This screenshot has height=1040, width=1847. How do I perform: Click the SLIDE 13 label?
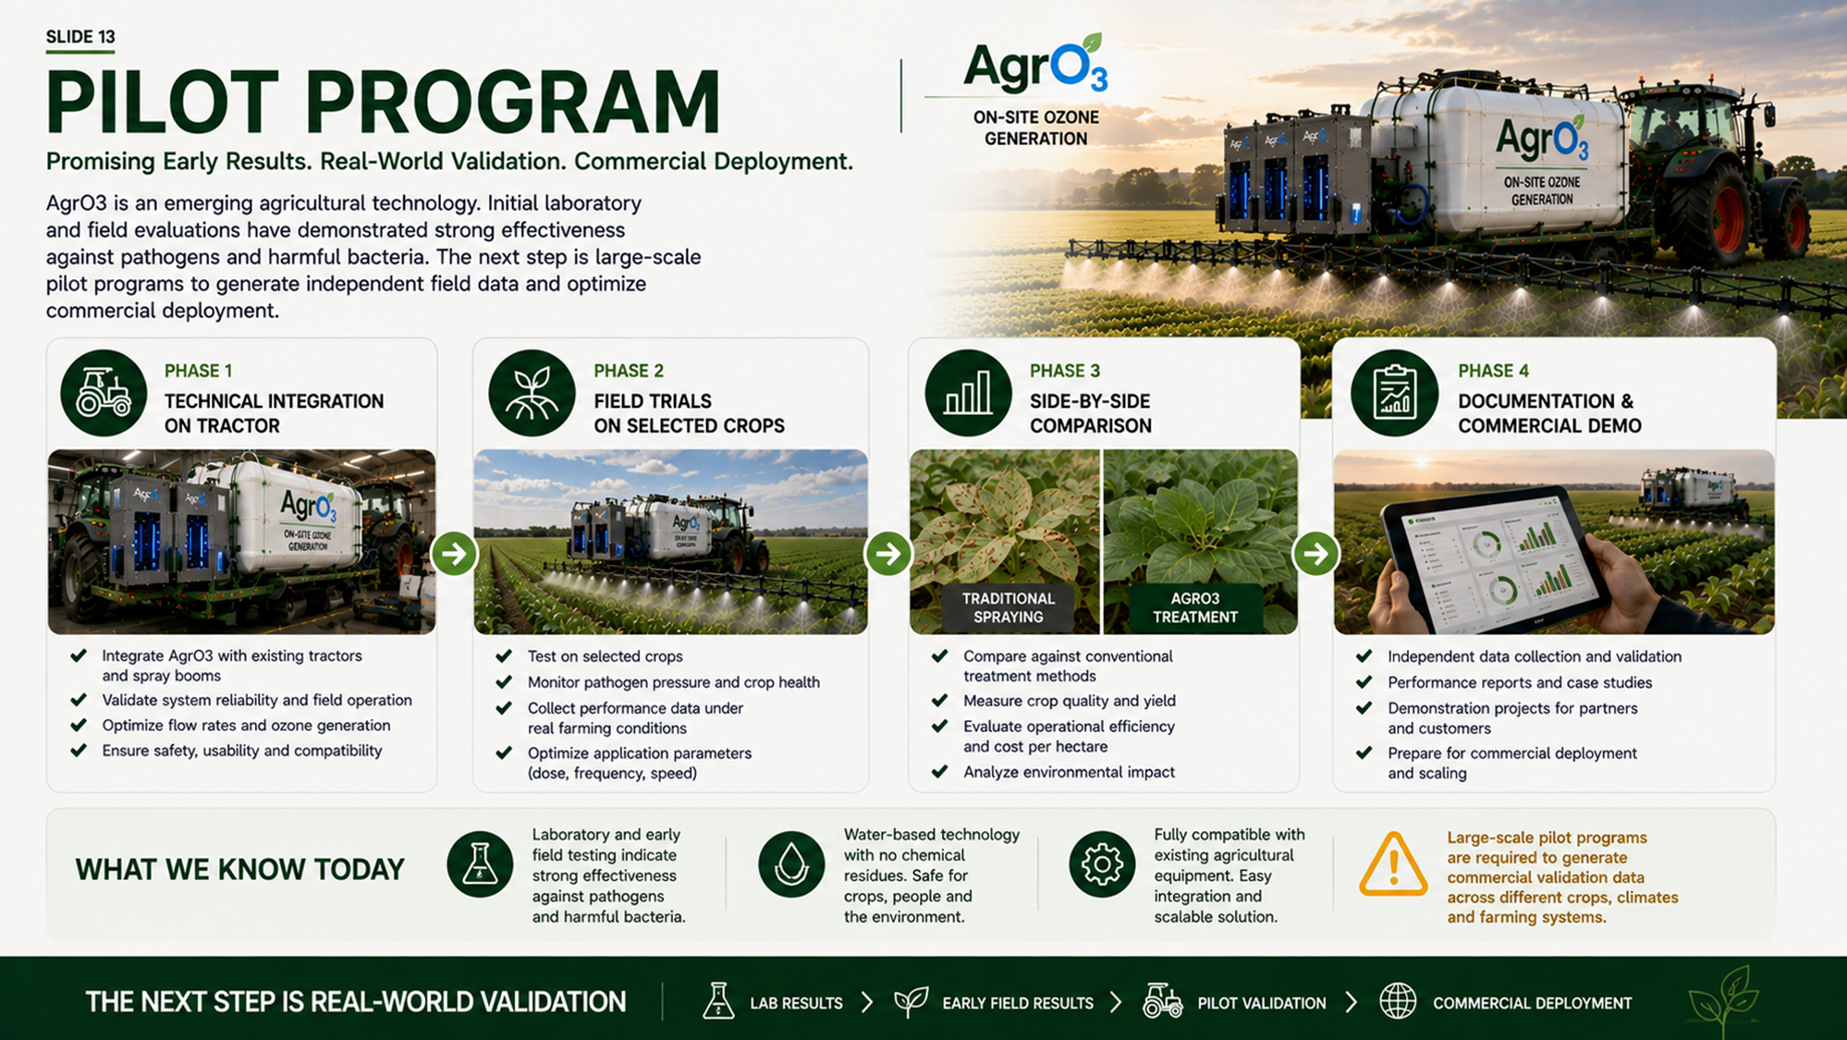point(80,37)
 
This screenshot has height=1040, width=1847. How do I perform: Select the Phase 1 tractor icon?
point(104,393)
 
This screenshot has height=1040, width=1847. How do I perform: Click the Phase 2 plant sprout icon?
point(532,393)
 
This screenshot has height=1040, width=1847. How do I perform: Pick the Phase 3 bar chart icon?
point(968,393)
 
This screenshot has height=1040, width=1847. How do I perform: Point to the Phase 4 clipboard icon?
point(1394,393)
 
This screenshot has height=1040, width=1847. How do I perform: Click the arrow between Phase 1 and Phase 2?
point(454,554)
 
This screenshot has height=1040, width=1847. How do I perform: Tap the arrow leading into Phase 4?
point(1316,554)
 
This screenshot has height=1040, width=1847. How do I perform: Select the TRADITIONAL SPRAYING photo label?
point(1008,607)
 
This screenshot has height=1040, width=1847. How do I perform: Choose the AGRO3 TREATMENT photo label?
point(1195,607)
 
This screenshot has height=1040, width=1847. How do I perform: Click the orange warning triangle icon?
point(1393,864)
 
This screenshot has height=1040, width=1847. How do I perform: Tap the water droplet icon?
point(791,864)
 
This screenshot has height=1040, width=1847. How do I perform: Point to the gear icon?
point(1102,864)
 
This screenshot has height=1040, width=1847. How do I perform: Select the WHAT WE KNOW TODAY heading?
point(240,870)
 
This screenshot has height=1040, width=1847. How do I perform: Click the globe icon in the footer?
point(1398,1001)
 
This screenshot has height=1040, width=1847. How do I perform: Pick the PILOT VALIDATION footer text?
point(1261,1003)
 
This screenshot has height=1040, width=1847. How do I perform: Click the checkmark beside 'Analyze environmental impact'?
point(940,771)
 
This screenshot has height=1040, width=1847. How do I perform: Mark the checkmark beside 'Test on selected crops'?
point(504,655)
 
